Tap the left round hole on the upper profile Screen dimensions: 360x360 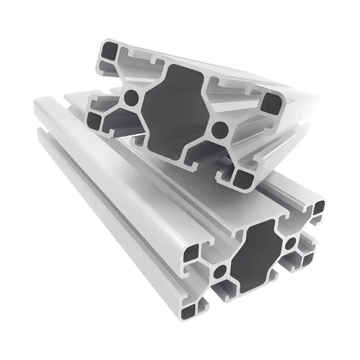pos(131,95)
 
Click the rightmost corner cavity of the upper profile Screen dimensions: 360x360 pos(272,103)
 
